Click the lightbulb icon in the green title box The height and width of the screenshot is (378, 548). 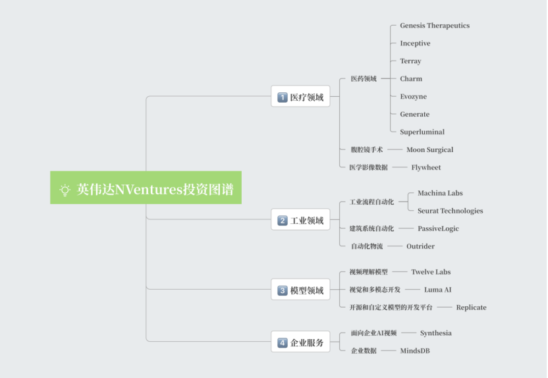coord(65,190)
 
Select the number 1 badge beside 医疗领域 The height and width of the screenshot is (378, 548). coord(283,97)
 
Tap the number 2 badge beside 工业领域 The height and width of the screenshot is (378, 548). coord(283,221)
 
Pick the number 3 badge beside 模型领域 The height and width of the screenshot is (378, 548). coord(283,290)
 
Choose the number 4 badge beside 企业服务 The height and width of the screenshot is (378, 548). coord(283,342)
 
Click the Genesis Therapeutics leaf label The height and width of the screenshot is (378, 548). coord(435,26)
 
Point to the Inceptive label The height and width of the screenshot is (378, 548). coord(415,43)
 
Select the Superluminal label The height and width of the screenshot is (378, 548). coord(422,132)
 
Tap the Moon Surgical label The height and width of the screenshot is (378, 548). coord(430,149)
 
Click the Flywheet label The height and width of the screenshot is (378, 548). coord(426,167)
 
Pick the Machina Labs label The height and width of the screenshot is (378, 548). coord(440,193)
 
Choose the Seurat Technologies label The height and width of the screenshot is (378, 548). coord(450,211)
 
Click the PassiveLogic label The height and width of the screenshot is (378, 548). coord(438,229)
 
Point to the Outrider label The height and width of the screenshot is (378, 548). coord(420,246)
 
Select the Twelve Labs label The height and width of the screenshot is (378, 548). coord(431,272)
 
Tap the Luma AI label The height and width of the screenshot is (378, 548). coord(437,290)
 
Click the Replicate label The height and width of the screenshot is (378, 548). coord(471,308)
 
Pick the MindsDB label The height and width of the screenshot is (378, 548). coord(415,351)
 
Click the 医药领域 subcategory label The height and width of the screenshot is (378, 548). coord(364,78)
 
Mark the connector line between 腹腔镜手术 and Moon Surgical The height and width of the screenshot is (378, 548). coord(395,149)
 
